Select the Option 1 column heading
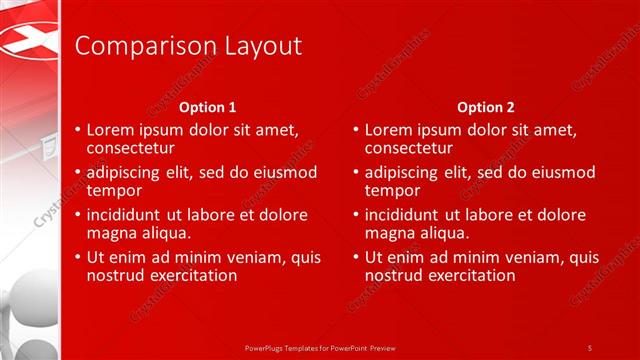208,107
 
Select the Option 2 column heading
486,107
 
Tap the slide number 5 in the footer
590,347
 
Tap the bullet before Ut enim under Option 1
78,257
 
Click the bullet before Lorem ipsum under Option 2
356,130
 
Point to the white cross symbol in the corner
28,40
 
